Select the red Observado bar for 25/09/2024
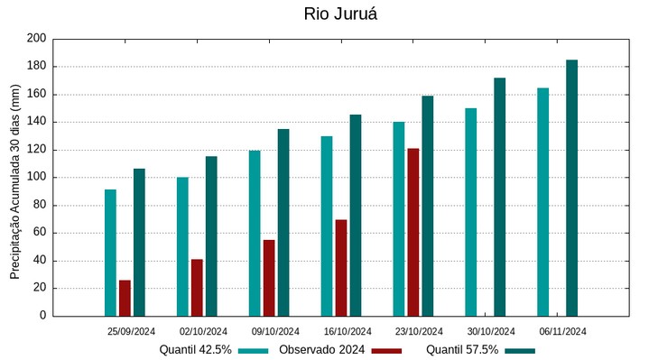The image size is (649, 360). (x=125, y=298)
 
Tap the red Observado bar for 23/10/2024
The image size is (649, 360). (x=413, y=232)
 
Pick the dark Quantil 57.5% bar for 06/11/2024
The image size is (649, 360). (x=571, y=188)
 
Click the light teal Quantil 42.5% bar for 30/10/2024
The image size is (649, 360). (x=470, y=212)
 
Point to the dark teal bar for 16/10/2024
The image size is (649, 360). (x=356, y=215)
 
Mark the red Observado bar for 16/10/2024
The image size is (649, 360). (x=341, y=267)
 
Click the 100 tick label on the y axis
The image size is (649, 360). (x=36, y=178)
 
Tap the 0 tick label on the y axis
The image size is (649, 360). (x=42, y=317)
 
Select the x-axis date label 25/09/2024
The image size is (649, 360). (x=131, y=331)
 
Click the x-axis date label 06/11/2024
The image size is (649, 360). (x=563, y=331)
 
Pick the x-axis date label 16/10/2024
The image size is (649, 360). (x=348, y=331)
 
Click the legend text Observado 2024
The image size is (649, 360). (x=321, y=350)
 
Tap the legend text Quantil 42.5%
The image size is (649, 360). (x=196, y=350)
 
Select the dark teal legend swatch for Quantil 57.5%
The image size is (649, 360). (x=519, y=350)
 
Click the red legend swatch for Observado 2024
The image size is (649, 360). (x=386, y=350)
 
